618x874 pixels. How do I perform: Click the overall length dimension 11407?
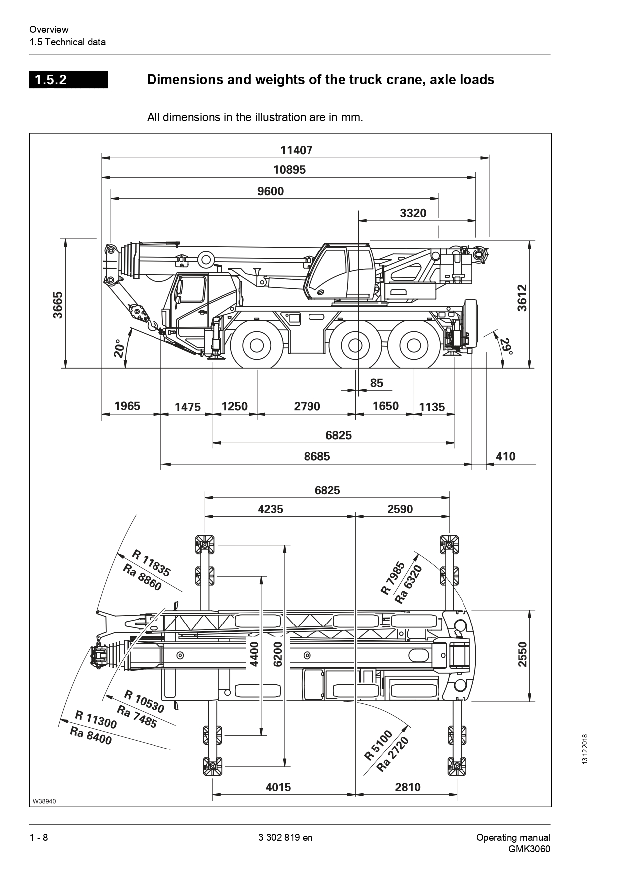pos(296,150)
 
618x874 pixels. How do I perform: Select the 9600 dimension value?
pos(270,191)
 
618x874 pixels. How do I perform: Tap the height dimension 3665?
pos(58,305)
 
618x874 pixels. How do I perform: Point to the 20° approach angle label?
pos(118,349)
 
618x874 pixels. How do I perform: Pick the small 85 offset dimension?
pos(377,383)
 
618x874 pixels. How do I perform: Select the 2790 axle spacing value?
pos(307,406)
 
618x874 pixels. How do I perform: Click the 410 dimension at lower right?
pos(505,456)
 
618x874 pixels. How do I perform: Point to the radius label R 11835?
pos(151,563)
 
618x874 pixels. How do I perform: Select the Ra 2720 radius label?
pos(393,754)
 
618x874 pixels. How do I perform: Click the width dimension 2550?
pos(522,654)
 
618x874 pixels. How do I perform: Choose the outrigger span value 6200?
pos(278,654)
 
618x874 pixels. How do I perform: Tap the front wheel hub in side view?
pos(256,345)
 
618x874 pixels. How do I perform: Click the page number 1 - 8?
pos(39,837)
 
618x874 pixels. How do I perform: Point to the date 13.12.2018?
pos(585,749)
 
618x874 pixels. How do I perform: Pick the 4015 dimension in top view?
pos(278,787)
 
